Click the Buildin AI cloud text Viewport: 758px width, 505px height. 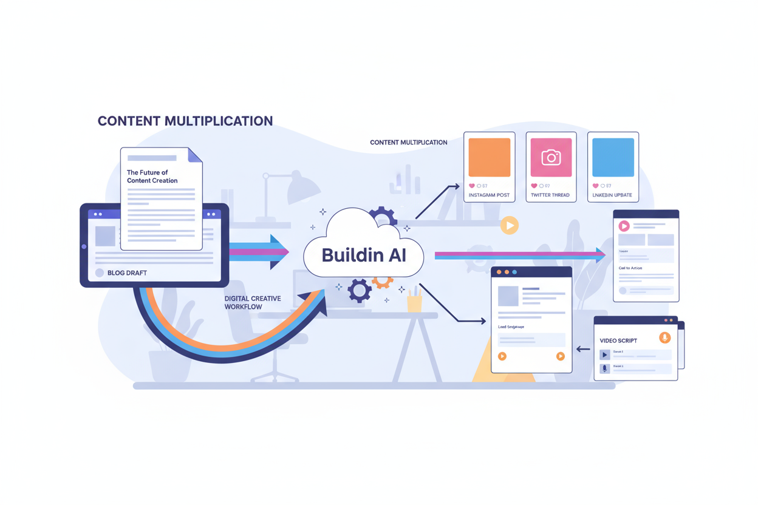click(x=363, y=255)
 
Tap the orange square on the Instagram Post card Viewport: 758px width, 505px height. click(x=489, y=157)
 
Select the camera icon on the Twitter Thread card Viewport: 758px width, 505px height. click(x=551, y=158)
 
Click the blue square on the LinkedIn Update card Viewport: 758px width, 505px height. click(x=613, y=157)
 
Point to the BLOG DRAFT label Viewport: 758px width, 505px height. click(x=127, y=273)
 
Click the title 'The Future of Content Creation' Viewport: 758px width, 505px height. click(x=152, y=177)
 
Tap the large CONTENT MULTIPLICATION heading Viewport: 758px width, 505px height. click(x=185, y=121)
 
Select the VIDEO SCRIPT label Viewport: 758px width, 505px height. click(x=618, y=341)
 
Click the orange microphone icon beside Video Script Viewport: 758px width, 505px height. click(x=664, y=337)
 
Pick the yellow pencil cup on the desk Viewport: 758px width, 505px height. click(x=415, y=302)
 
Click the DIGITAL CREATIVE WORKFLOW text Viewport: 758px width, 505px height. click(x=252, y=303)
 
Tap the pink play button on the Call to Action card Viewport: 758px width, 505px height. click(x=624, y=226)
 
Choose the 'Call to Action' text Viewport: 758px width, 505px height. click(x=630, y=268)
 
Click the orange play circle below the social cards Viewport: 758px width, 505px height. click(x=509, y=226)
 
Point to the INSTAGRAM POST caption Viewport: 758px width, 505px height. click(x=489, y=195)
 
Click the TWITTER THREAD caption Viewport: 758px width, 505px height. click(x=550, y=195)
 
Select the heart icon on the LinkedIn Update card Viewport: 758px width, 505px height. click(x=595, y=186)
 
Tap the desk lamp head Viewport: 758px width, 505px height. click(x=304, y=188)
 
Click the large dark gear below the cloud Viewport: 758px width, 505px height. click(x=359, y=291)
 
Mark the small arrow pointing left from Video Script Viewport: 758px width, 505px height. click(x=583, y=349)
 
